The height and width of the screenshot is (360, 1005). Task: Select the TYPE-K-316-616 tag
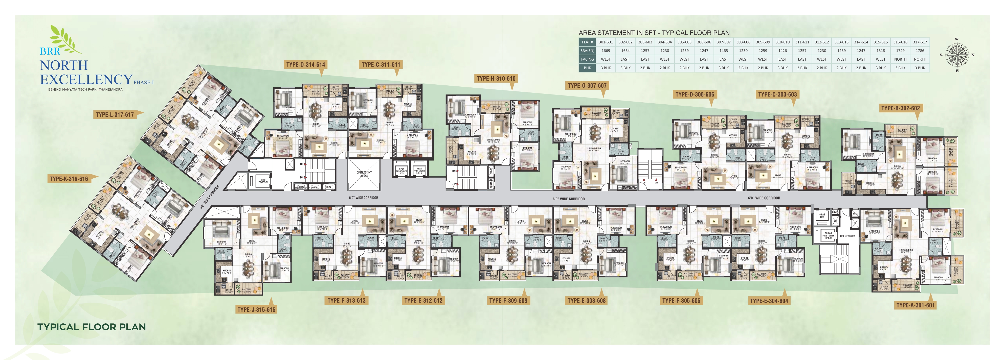point(69,179)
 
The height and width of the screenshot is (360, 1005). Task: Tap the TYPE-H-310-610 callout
point(496,78)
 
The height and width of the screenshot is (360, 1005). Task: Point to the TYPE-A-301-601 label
point(915,305)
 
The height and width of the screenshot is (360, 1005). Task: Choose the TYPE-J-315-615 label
point(256,309)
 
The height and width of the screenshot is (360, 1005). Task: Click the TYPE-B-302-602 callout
point(900,108)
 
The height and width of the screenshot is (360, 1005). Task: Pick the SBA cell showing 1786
point(920,51)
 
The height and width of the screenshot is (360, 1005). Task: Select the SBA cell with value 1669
point(606,51)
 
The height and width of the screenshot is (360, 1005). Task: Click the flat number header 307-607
point(723,42)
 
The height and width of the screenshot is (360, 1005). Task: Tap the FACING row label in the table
point(587,59)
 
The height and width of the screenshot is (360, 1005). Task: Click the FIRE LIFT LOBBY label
point(847,236)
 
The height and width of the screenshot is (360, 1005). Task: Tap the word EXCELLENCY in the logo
point(86,80)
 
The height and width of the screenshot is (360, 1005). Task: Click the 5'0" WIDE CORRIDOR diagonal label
point(210,197)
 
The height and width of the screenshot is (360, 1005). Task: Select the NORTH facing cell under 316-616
point(900,59)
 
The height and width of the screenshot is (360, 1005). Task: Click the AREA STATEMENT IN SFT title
point(654,33)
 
